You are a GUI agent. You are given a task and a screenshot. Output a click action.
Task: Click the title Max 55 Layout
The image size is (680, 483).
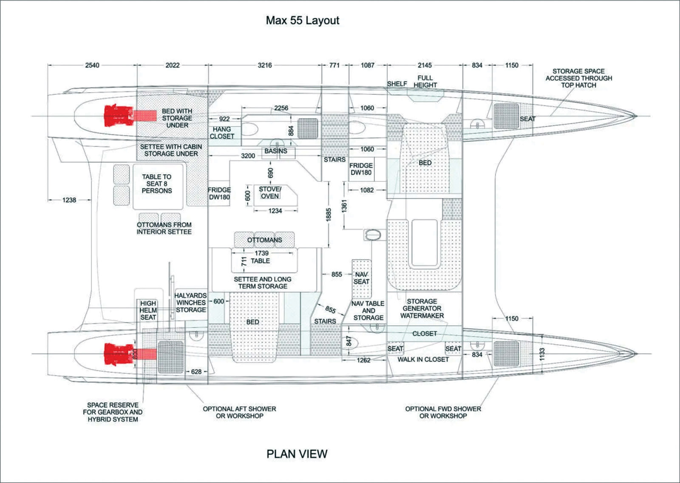[x=302, y=20]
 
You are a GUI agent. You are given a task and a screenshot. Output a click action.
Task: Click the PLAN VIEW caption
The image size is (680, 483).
[x=297, y=454]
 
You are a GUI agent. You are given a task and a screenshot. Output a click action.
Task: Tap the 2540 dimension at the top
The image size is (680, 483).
[x=92, y=65]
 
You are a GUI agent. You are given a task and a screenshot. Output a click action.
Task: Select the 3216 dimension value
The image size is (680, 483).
[x=265, y=65]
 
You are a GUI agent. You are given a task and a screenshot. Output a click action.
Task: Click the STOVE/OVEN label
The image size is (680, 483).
[x=270, y=192]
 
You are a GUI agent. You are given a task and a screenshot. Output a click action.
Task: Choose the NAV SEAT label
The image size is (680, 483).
[x=361, y=278]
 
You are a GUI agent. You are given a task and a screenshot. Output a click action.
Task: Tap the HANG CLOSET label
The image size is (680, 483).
[x=222, y=133]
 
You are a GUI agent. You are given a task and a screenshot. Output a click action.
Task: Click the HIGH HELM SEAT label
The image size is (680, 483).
[x=148, y=310]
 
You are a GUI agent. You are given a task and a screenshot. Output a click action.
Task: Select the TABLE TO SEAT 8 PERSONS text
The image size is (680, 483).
[x=157, y=184]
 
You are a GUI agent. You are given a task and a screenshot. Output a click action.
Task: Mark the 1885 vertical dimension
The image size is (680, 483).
[x=329, y=215]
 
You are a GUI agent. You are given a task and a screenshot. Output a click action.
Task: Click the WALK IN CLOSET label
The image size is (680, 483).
[x=423, y=359]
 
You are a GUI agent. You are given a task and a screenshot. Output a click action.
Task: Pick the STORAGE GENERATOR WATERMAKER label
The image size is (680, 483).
[x=422, y=308]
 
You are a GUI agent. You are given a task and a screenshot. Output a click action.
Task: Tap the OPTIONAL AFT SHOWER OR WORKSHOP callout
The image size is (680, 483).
[x=239, y=412]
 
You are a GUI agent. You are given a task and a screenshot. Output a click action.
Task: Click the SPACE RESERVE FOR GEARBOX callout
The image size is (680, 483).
[x=113, y=412]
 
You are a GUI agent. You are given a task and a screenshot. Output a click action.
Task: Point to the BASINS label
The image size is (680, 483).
[x=276, y=151]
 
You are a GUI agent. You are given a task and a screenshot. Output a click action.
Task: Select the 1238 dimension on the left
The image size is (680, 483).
[x=69, y=200]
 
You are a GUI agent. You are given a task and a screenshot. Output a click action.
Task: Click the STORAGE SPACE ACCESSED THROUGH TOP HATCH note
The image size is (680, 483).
[x=579, y=78]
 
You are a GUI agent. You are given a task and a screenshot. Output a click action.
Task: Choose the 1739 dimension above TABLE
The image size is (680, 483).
[x=262, y=253]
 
